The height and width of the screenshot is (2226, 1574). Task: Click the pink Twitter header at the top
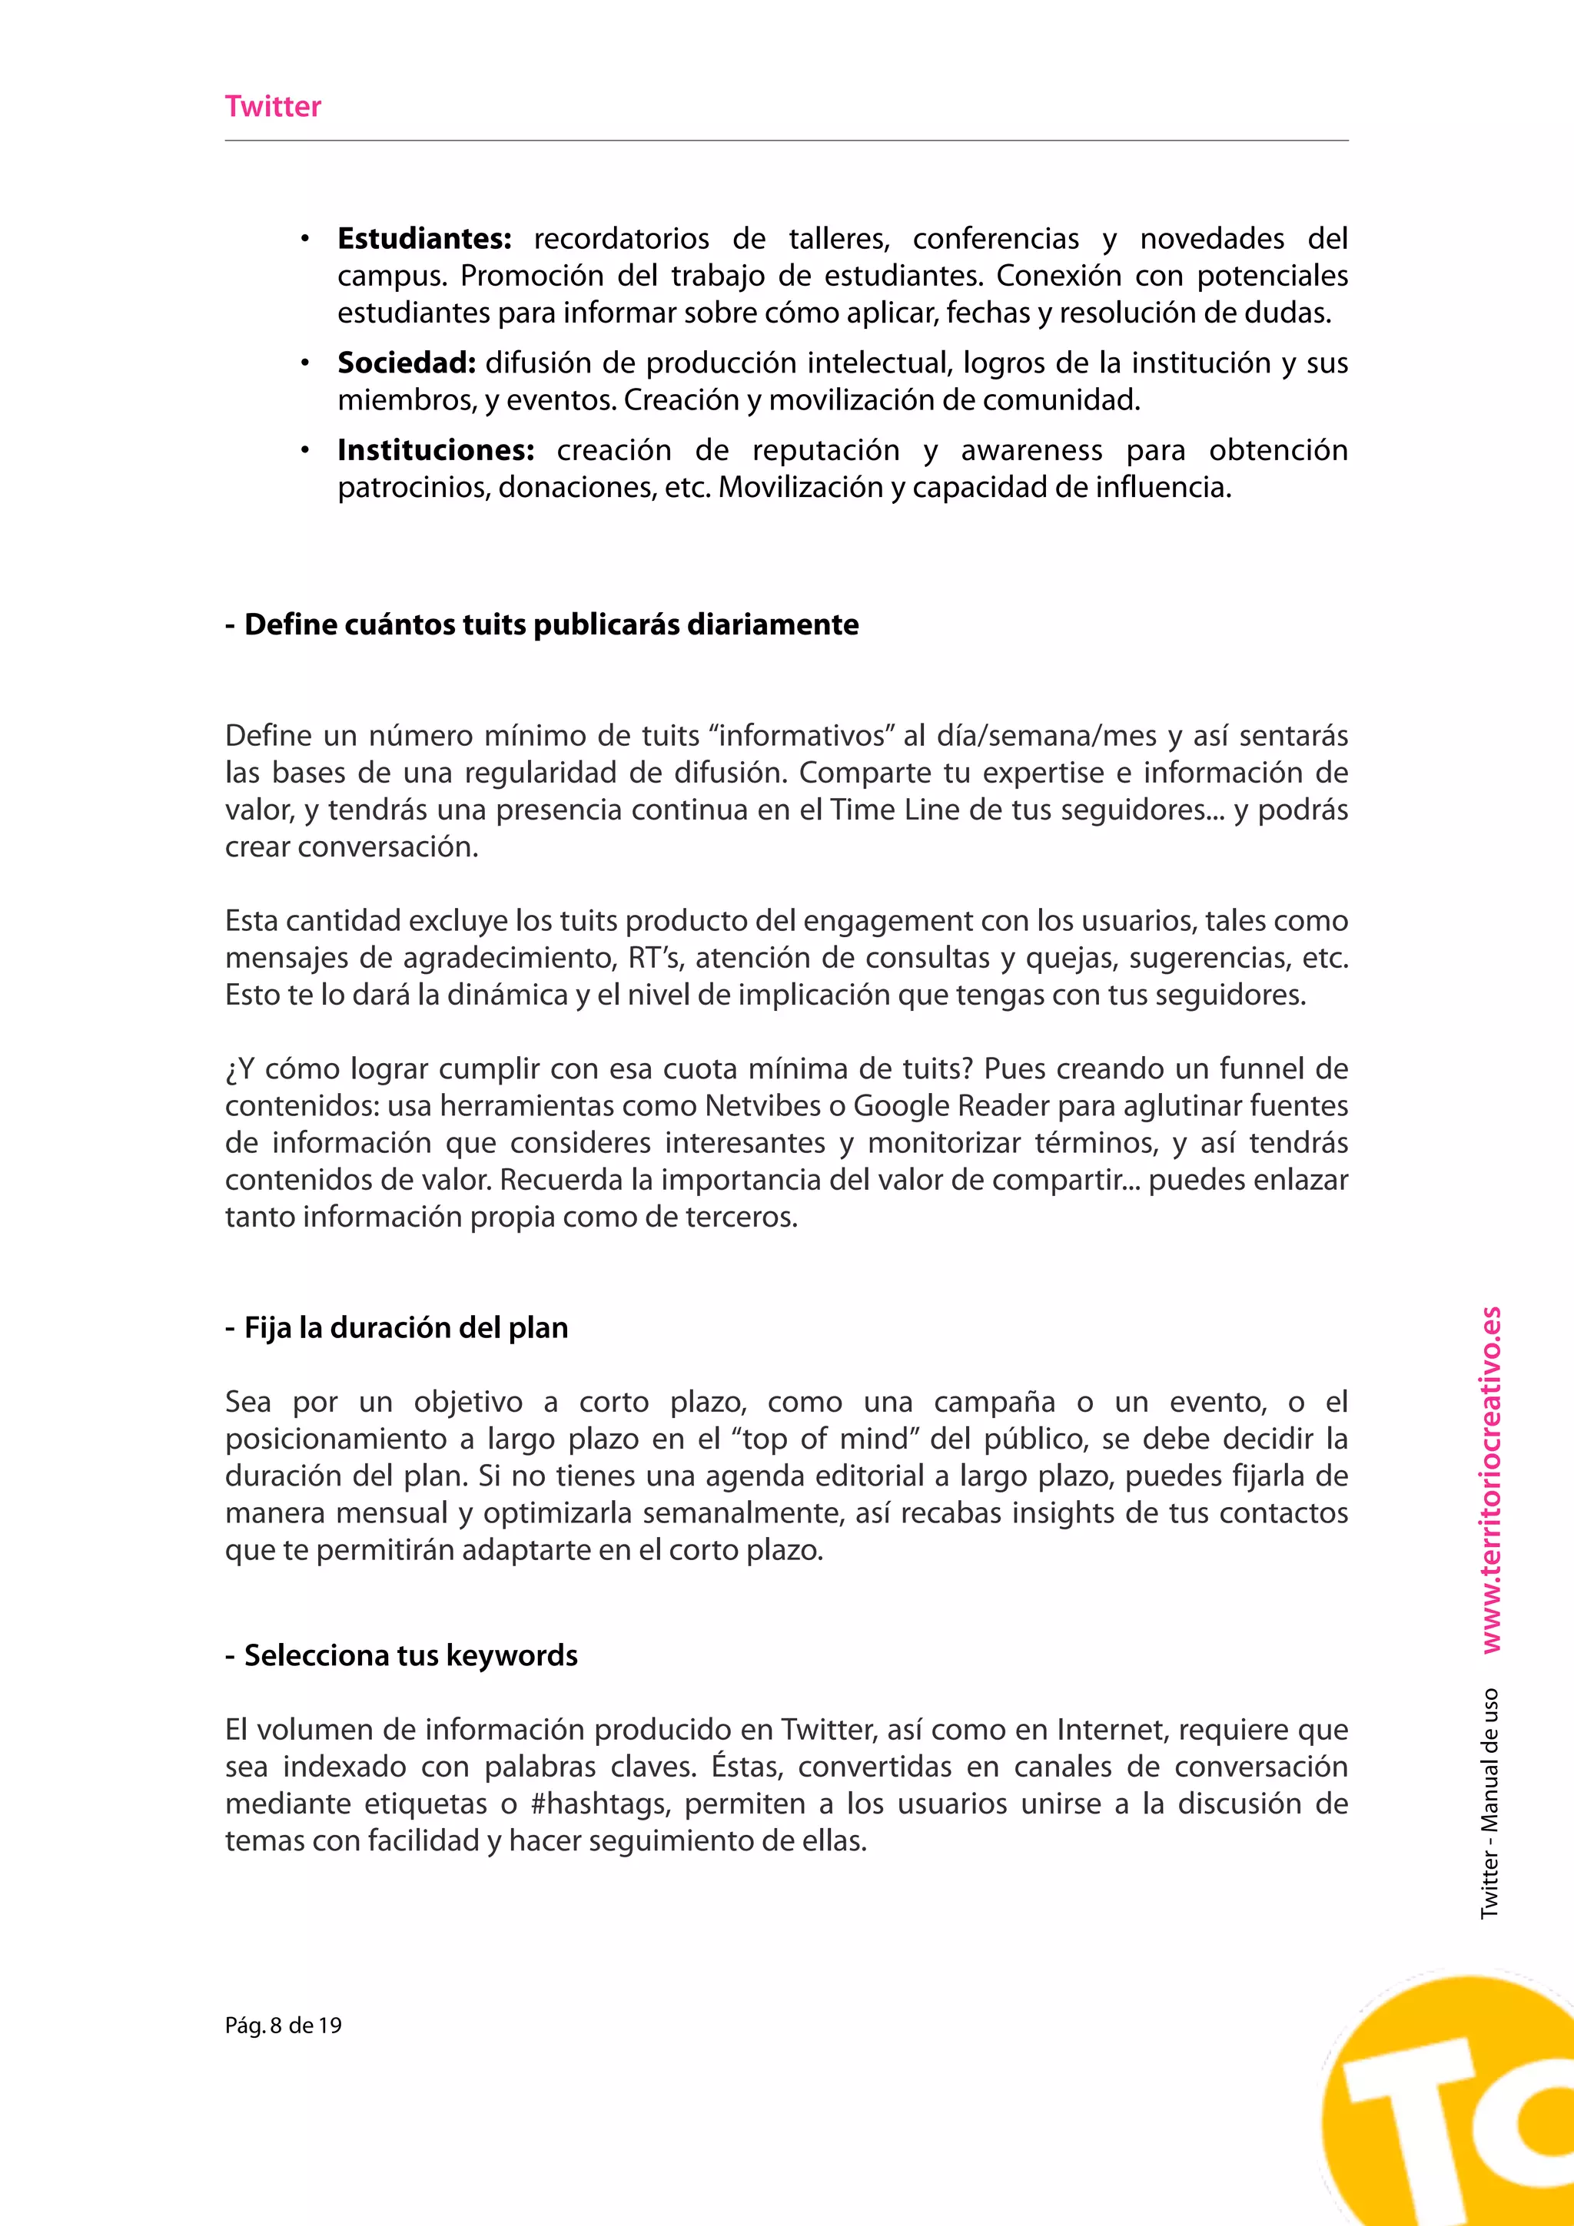[273, 107]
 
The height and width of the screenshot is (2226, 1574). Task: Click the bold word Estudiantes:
[423, 238]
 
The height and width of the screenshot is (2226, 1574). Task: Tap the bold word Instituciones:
[436, 450]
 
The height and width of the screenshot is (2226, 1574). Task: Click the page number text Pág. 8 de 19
[283, 2026]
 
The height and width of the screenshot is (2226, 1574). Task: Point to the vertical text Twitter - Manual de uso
[1490, 1804]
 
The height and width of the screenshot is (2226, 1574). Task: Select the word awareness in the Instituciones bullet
[1031, 450]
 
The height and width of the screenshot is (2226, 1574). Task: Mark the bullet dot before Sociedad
[304, 363]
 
